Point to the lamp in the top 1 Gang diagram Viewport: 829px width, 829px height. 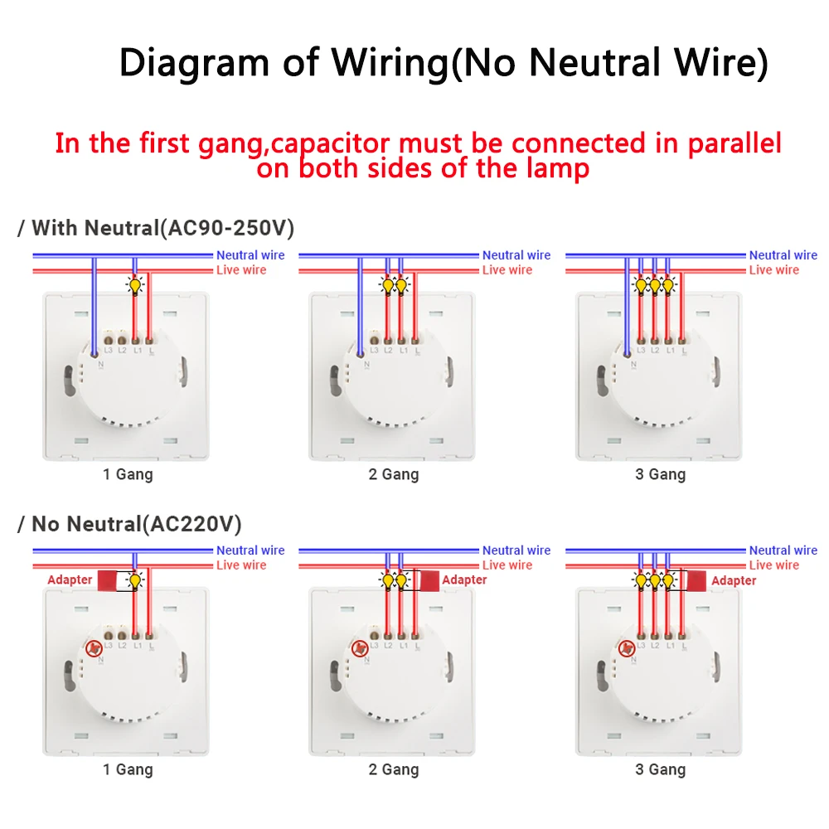[134, 287]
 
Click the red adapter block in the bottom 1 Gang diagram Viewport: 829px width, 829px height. [108, 579]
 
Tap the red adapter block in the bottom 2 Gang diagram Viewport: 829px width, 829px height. [428, 579]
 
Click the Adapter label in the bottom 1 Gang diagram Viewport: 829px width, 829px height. [70, 579]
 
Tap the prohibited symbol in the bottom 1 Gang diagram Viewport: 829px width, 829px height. [95, 648]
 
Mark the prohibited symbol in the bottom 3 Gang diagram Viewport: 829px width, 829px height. [628, 648]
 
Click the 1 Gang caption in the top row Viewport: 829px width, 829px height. [128, 474]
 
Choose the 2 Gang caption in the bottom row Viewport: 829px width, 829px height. [394, 769]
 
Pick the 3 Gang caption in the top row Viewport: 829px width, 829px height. [661, 474]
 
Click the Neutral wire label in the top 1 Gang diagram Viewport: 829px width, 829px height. [250, 255]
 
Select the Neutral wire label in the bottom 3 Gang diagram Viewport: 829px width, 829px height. [783, 550]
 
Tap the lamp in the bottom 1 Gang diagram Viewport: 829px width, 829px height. [134, 581]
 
